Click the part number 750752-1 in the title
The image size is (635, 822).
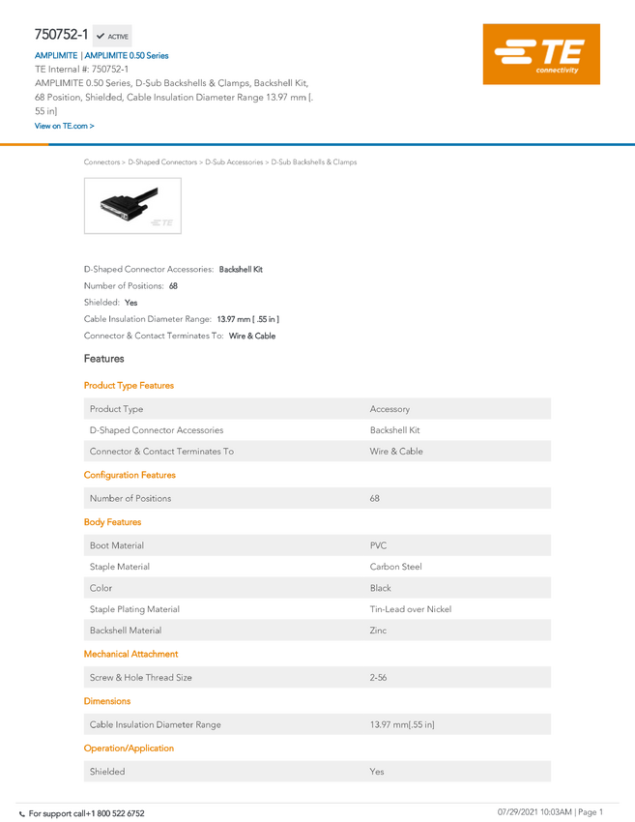pyautogui.click(x=62, y=35)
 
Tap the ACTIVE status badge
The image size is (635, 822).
pyautogui.click(x=113, y=37)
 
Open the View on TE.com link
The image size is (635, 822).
pyautogui.click(x=64, y=127)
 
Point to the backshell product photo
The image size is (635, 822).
pyautogui.click(x=132, y=205)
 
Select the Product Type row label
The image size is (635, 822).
pyautogui.click(x=116, y=409)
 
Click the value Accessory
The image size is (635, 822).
pyautogui.click(x=390, y=409)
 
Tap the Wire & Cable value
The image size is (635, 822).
pyautogui.click(x=396, y=452)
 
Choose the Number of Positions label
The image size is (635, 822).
pyautogui.click(x=130, y=499)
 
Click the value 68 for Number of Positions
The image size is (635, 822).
pyautogui.click(x=375, y=499)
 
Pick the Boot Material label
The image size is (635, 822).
pyautogui.click(x=117, y=546)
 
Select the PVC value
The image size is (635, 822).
pyautogui.click(x=378, y=546)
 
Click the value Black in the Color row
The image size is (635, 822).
pyautogui.click(x=381, y=588)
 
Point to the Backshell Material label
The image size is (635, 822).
pyautogui.click(x=126, y=631)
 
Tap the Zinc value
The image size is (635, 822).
pyautogui.click(x=378, y=631)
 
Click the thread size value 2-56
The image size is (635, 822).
pyautogui.click(x=378, y=678)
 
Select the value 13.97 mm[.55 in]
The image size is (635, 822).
pyautogui.click(x=402, y=725)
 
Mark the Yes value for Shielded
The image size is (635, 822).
pyautogui.click(x=377, y=772)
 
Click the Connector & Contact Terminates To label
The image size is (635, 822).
pyautogui.click(x=161, y=452)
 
